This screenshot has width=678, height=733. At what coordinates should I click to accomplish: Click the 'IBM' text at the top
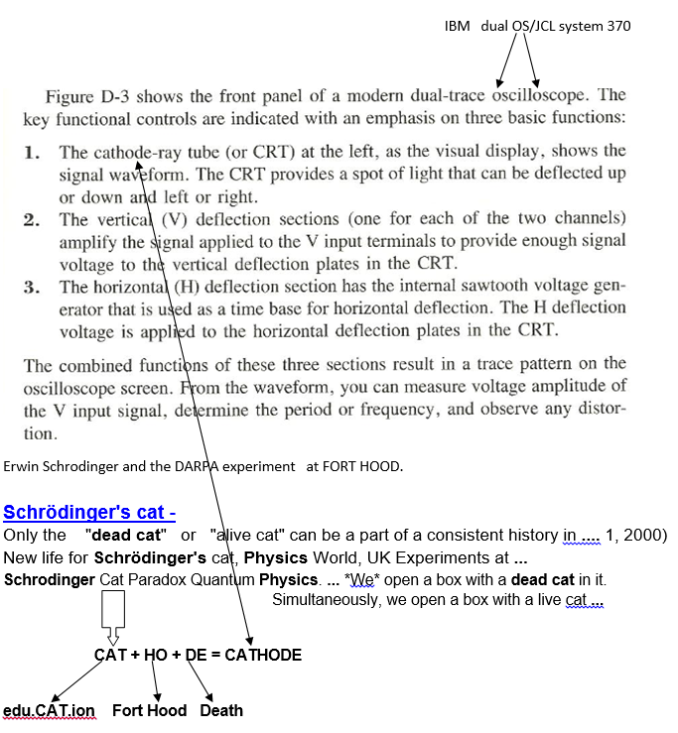457,26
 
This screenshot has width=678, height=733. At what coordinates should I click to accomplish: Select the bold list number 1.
33,153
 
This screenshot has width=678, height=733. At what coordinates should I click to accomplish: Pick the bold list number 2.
33,219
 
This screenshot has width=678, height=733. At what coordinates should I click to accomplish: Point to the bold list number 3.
33,287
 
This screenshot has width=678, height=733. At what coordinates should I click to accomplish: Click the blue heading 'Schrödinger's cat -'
89,512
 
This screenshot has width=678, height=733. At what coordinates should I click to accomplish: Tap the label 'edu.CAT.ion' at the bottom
49,710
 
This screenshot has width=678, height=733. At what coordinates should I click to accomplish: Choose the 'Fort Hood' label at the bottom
149,710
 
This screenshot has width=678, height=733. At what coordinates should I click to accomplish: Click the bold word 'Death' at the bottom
221,710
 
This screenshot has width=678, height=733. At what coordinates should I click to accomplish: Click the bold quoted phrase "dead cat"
126,536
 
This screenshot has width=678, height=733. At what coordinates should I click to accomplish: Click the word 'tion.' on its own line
40,433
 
